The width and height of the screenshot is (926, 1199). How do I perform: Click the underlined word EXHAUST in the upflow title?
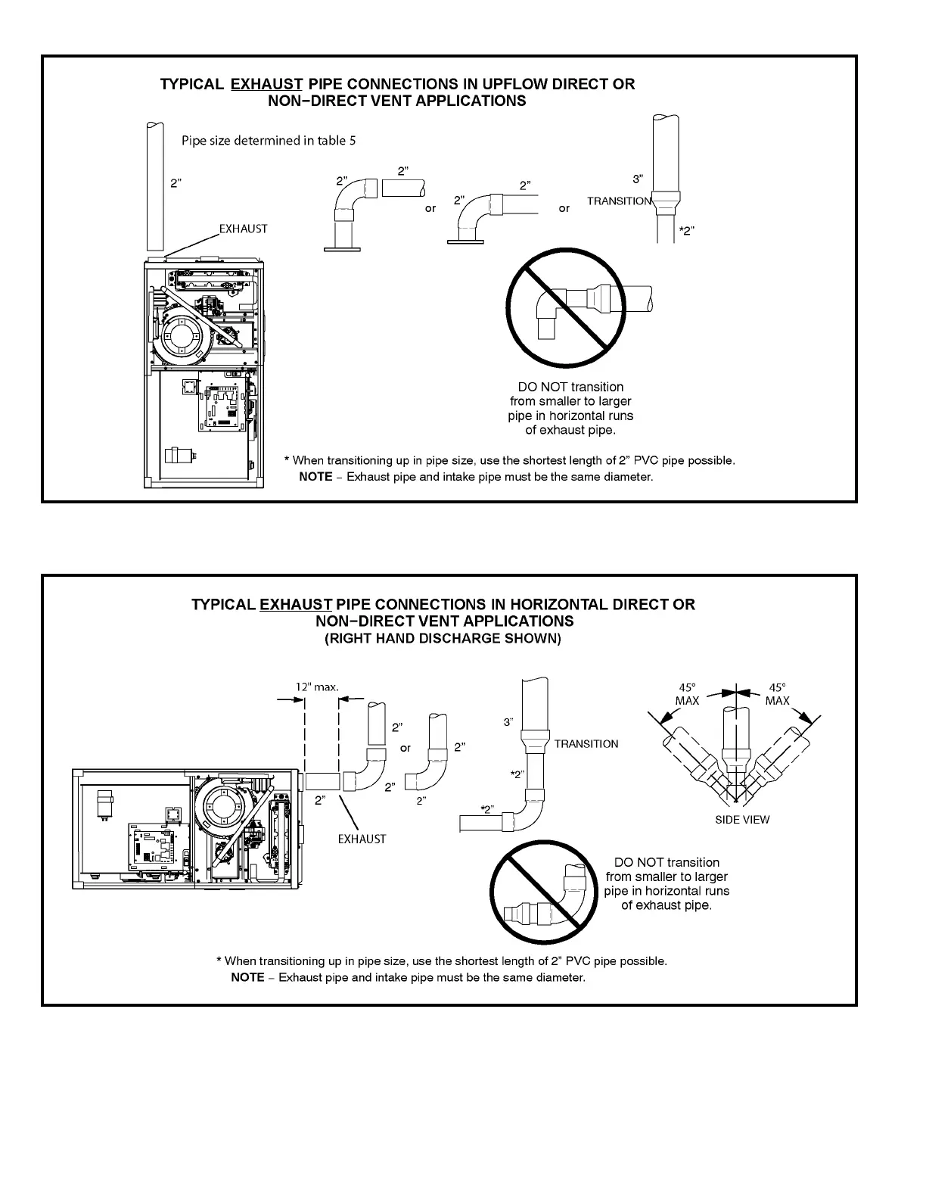pyautogui.click(x=266, y=84)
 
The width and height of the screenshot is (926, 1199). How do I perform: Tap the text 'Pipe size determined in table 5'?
pyautogui.click(x=269, y=141)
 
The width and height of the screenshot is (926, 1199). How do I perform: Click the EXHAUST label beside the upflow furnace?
pyautogui.click(x=243, y=229)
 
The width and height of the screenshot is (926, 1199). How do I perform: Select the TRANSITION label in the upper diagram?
pyautogui.click(x=619, y=201)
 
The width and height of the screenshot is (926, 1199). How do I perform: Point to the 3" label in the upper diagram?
pyautogui.click(x=638, y=179)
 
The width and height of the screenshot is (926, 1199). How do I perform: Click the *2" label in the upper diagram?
pyautogui.click(x=685, y=231)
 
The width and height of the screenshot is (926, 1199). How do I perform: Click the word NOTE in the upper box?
pyautogui.click(x=315, y=477)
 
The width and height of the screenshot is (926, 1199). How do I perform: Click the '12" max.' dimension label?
pyautogui.click(x=317, y=687)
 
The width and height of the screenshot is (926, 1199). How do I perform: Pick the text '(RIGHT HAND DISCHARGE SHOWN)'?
pyautogui.click(x=443, y=638)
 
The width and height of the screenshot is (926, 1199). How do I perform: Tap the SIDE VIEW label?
pyautogui.click(x=742, y=820)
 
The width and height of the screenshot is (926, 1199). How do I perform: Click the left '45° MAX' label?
pyautogui.click(x=687, y=694)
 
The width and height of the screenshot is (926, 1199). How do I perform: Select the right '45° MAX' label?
pyautogui.click(x=777, y=694)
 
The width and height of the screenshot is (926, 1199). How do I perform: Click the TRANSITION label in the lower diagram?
pyautogui.click(x=586, y=744)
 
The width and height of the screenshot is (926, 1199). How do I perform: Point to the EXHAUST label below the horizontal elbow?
pyautogui.click(x=362, y=839)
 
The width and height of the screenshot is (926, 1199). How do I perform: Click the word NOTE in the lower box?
pyautogui.click(x=247, y=977)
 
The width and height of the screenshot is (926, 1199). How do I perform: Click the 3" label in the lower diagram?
pyautogui.click(x=509, y=722)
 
